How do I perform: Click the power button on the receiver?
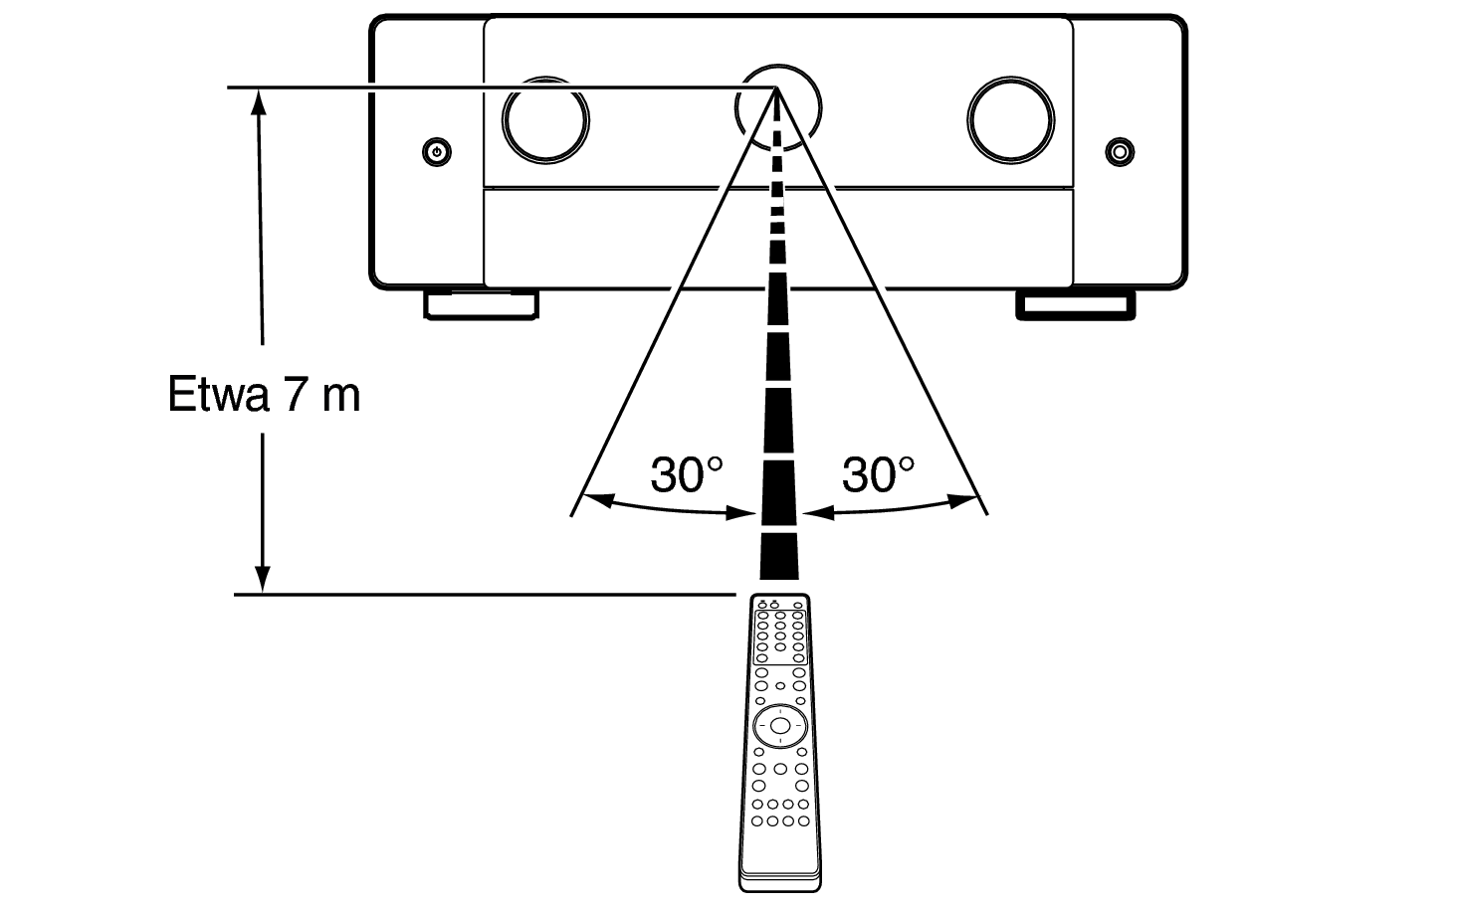pos(437,152)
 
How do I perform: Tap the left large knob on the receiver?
pos(545,120)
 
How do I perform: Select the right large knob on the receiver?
pos(1011,120)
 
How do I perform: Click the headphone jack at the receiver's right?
pos(1120,151)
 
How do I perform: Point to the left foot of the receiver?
pos(482,304)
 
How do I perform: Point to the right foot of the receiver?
pos(1076,305)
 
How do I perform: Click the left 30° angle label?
pos(687,475)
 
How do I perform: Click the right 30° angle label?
pos(878,475)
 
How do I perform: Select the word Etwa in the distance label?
pos(218,394)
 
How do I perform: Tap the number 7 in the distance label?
pos(296,394)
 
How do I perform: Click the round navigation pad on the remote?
pos(780,726)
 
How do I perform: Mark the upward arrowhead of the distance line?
pos(259,101)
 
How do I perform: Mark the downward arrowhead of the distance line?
pos(262,580)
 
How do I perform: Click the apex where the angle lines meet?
pos(776,88)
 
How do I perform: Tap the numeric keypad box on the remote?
pos(780,637)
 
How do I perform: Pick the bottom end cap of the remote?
pos(780,882)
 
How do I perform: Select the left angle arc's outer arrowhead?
pos(598,500)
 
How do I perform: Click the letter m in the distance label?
pos(340,398)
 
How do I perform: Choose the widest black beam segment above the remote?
pos(779,557)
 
